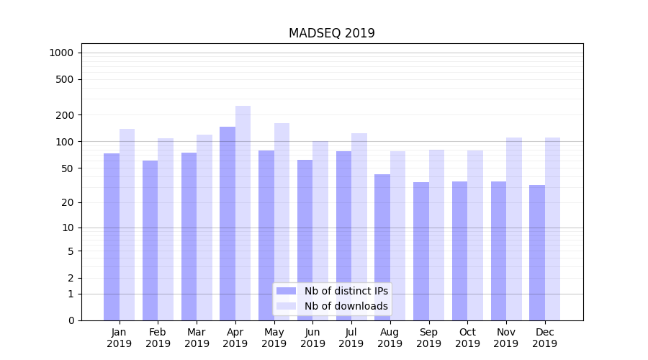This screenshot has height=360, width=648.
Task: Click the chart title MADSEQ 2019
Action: click(x=331, y=33)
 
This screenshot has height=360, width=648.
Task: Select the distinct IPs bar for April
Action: click(x=228, y=223)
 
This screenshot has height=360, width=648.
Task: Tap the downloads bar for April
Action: click(x=243, y=213)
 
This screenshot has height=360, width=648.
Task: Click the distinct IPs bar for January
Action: click(x=112, y=236)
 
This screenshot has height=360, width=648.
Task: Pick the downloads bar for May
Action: click(x=282, y=222)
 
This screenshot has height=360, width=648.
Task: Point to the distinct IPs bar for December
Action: click(x=537, y=252)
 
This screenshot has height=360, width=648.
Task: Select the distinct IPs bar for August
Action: click(x=382, y=247)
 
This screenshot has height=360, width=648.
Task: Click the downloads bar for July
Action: click(x=359, y=227)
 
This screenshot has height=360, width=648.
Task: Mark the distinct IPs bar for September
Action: click(x=421, y=251)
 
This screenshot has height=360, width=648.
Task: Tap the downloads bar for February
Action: click(x=166, y=229)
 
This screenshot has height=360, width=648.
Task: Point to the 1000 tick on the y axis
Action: click(x=61, y=53)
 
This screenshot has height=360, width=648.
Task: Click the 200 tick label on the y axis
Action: click(x=66, y=115)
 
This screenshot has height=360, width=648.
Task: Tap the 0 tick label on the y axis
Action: click(x=71, y=320)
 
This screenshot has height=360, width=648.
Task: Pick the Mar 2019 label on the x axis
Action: click(x=197, y=338)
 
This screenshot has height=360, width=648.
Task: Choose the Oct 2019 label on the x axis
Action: click(x=467, y=338)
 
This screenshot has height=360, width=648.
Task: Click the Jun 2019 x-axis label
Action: click(x=312, y=338)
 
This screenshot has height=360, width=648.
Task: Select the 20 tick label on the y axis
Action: click(x=68, y=202)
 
